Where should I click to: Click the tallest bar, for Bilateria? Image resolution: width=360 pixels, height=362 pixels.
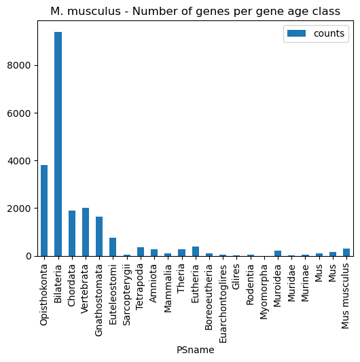[58, 144]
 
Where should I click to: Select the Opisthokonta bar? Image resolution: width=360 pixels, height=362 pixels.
[44, 211]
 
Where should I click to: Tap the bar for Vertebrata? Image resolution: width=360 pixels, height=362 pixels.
[86, 232]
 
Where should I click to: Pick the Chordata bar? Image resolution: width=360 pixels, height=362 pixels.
[72, 234]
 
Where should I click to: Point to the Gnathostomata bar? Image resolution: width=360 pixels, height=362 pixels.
[99, 236]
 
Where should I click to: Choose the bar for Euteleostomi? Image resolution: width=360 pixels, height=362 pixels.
[113, 247]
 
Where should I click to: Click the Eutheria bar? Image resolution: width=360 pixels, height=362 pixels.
[196, 251]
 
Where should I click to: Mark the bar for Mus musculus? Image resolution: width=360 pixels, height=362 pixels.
[346, 253]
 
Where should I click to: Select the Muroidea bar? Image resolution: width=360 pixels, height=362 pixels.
[278, 253]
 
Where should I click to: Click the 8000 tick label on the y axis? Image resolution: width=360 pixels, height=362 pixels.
[19, 66]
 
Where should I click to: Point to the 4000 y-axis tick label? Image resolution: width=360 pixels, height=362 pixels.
[19, 161]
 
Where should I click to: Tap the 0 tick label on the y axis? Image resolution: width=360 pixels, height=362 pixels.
[29, 256]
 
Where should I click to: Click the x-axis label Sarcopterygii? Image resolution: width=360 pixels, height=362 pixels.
[127, 295]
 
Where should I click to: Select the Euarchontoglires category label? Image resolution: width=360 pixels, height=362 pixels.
[223, 304]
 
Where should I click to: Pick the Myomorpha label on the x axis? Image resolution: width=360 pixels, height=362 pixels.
[264, 292]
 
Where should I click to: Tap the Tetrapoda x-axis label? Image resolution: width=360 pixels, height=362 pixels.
[140, 287]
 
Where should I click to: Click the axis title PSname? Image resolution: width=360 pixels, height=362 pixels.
[196, 350]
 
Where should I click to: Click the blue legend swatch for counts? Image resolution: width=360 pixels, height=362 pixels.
[297, 33]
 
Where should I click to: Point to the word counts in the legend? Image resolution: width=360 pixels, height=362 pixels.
[329, 33]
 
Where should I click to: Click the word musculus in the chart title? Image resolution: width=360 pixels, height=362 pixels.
[94, 12]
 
